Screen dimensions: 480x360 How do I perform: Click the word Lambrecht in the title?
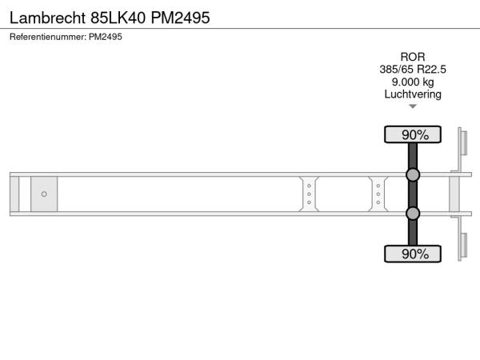(x=47, y=18)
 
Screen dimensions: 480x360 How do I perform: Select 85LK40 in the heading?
(x=118, y=18)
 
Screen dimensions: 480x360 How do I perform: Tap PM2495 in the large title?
(x=180, y=18)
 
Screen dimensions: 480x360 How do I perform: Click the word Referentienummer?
(x=48, y=37)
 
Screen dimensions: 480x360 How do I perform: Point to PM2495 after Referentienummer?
(x=106, y=37)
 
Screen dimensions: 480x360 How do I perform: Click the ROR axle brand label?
(x=413, y=57)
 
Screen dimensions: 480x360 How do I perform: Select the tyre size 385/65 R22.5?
(x=413, y=70)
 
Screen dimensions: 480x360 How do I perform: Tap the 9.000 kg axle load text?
(x=413, y=82)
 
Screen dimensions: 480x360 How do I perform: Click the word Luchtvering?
(x=413, y=94)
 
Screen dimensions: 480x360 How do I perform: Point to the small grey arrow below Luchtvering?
(x=413, y=106)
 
